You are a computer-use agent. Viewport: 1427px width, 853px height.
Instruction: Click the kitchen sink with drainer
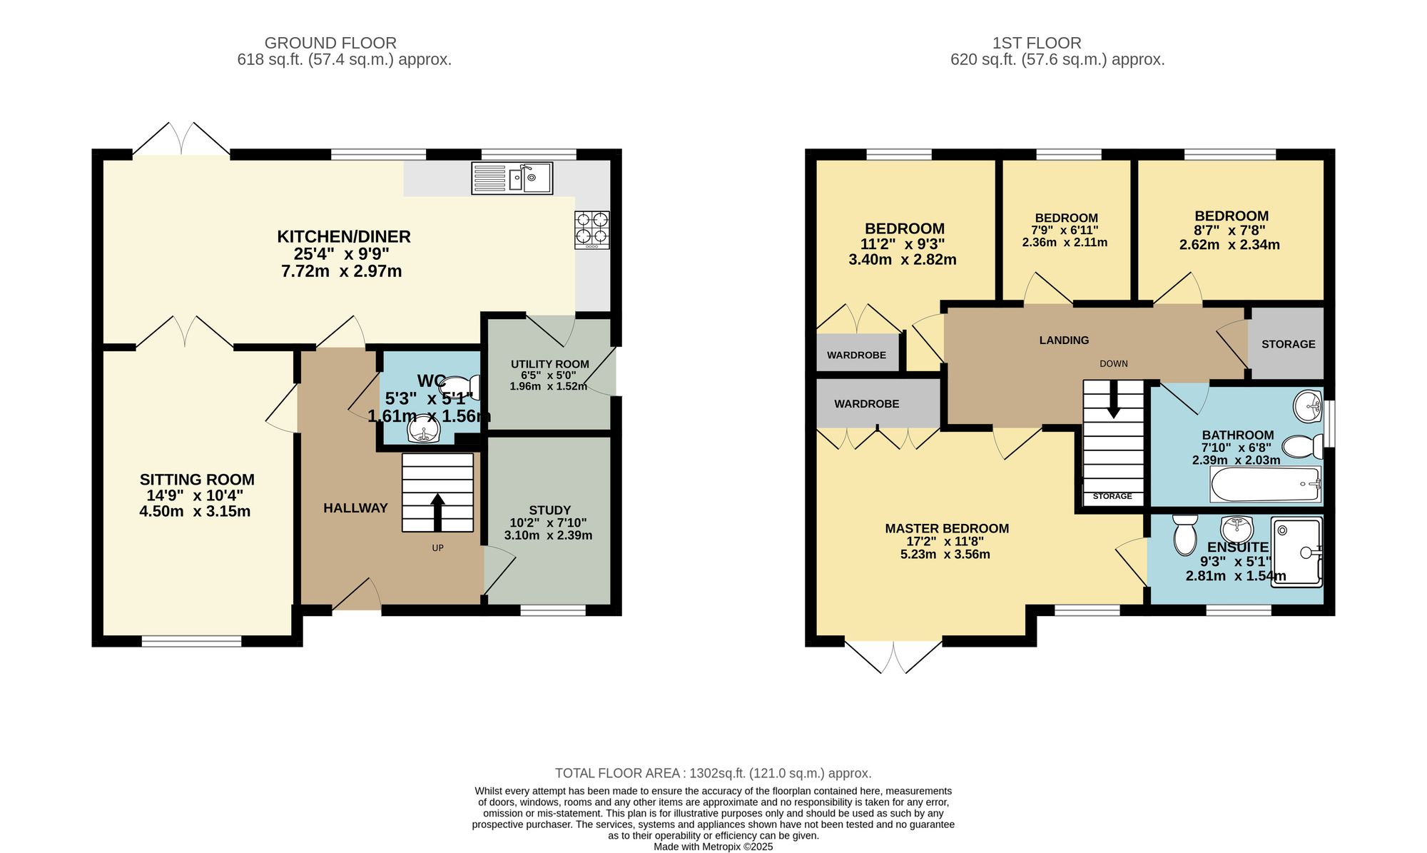512,178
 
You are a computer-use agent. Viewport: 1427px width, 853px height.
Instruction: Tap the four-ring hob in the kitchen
592,229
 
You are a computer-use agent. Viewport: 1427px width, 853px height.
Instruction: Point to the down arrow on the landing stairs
1113,404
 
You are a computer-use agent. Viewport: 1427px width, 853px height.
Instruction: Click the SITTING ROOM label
197,480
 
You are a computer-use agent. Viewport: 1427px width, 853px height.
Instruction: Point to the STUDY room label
549,510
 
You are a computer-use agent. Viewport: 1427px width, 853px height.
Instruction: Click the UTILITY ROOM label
549,364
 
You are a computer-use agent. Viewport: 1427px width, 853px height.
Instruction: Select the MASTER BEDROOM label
947,528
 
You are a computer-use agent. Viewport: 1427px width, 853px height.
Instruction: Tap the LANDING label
1064,340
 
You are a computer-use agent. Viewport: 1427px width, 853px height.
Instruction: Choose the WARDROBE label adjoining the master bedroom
866,404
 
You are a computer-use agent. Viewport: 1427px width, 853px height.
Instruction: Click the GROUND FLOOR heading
330,43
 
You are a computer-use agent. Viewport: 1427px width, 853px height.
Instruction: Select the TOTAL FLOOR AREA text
713,773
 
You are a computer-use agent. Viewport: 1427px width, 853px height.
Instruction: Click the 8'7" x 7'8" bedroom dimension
1231,231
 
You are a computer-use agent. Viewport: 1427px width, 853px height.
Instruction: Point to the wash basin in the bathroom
1307,407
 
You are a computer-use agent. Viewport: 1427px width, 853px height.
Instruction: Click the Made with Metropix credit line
713,847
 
